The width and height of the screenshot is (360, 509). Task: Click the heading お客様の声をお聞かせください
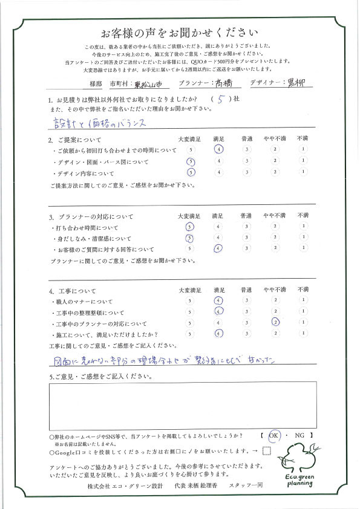pyautogui.click(x=180, y=32)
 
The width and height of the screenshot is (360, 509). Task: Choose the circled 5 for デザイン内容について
pyautogui.click(x=191, y=172)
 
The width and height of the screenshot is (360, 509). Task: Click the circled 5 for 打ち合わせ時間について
pyautogui.click(x=191, y=227)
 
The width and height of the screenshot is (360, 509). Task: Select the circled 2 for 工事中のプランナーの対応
pyautogui.click(x=275, y=322)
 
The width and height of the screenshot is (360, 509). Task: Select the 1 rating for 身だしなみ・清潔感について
pyautogui.click(x=302, y=238)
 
